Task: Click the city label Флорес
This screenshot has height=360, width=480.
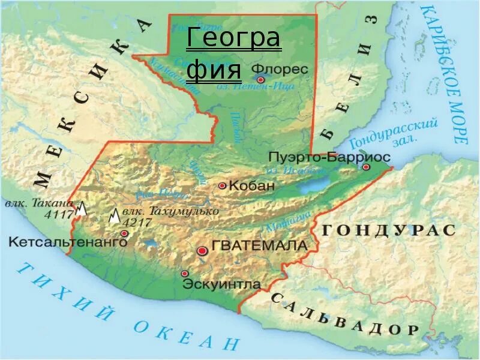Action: click(x=280, y=69)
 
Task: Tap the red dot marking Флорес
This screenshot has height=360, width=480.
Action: click(x=260, y=79)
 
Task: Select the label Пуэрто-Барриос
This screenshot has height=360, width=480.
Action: click(x=329, y=157)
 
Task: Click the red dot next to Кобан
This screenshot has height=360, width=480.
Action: click(x=223, y=186)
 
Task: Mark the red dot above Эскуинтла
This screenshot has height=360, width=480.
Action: click(x=185, y=273)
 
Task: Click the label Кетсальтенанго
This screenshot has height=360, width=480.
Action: click(x=68, y=242)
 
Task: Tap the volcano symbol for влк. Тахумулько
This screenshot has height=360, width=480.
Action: click(x=114, y=216)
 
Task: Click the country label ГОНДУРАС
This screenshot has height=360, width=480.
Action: click(x=389, y=230)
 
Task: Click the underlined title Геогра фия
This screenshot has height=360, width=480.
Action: click(x=232, y=55)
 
